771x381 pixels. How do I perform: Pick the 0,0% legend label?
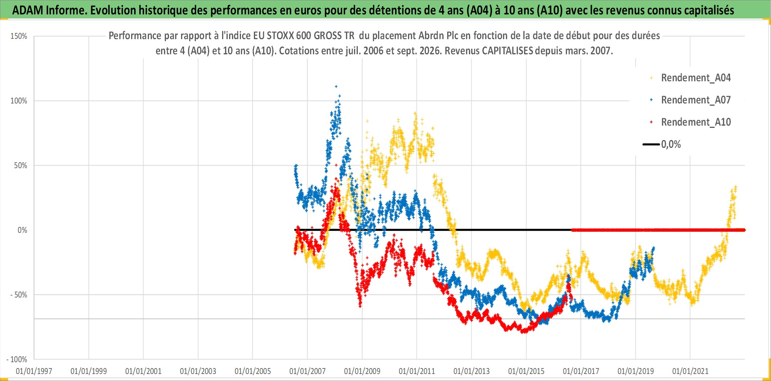pos(671,144)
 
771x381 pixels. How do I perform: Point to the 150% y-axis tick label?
pos(19,36)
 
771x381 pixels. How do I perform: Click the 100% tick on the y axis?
pos(19,101)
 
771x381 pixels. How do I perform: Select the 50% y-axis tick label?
pos(21,166)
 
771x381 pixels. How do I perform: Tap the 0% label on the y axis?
pos(23,230)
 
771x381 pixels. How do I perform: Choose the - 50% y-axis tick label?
pos(19,295)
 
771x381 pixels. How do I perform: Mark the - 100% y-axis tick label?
pos(17,360)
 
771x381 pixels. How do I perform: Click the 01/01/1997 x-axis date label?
pos(34,371)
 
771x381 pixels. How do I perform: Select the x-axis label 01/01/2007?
pos(308,371)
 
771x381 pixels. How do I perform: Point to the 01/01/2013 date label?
pos(472,371)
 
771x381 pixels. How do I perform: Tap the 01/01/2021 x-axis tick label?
pos(690,371)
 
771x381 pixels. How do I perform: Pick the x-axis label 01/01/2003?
pos(198,371)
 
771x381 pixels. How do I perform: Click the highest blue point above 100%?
pos(336,86)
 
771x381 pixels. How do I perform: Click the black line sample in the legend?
pos(651,144)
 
